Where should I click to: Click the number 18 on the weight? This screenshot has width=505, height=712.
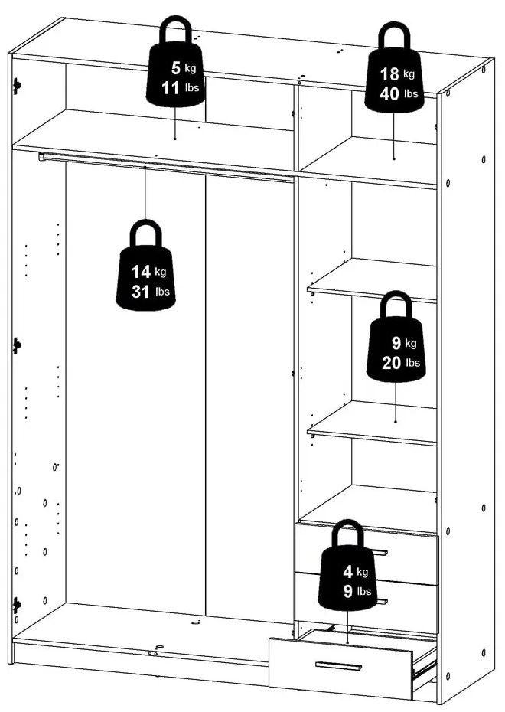coord(389,74)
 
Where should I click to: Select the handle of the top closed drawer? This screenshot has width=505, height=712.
coord(379,552)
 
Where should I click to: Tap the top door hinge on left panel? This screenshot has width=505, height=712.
coord(16,87)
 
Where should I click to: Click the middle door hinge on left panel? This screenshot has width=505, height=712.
coord(16,346)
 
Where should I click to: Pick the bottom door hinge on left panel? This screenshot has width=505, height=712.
coord(16,605)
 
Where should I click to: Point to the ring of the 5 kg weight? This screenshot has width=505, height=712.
coord(177,30)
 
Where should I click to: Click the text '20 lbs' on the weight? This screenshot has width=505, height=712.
coord(400,363)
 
